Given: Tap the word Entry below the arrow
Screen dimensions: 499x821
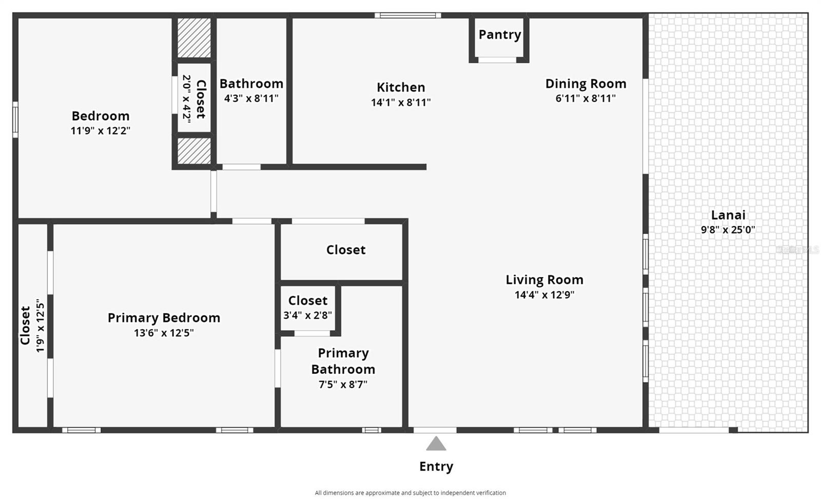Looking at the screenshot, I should pos(436,467).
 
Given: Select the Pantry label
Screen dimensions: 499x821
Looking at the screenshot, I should pos(500,35).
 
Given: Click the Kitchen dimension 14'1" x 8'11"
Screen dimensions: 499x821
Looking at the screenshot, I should pos(401,102).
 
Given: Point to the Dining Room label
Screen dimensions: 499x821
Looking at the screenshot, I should pos(585,84).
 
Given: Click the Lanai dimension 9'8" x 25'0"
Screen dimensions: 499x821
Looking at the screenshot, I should pos(728,230).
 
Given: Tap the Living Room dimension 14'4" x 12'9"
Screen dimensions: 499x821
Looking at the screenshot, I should pos(544,295).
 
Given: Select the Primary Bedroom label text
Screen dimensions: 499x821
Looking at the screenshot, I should pos(164,318).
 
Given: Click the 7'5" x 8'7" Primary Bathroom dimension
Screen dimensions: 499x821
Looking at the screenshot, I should pos(343,385).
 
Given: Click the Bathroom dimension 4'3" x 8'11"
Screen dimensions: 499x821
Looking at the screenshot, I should pos(251,98).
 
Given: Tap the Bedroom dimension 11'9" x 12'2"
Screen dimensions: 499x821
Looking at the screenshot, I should pos(101,130).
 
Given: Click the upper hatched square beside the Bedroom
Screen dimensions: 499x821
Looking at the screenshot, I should pos(194,38).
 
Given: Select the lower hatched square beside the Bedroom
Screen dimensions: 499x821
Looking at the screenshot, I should pos(194,151).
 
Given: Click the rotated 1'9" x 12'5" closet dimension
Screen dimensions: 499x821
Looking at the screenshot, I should pos(41,327).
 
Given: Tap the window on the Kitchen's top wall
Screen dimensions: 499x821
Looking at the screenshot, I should pos(408,15).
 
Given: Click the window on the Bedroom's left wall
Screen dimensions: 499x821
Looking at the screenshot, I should pos(15,120).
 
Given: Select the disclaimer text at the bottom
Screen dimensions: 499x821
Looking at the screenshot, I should pos(411,493).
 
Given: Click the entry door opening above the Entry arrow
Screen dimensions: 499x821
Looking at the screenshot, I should pos(435,430).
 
